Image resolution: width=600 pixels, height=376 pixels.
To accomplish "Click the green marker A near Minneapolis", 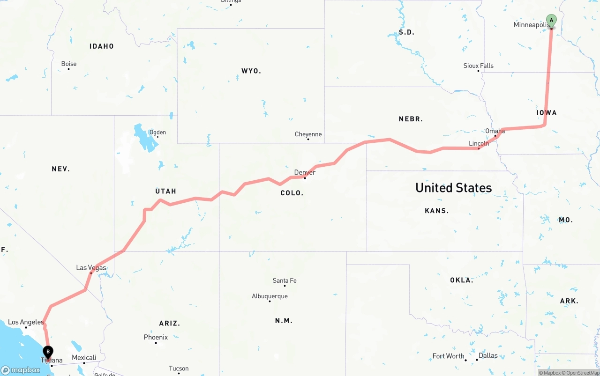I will click(552, 21).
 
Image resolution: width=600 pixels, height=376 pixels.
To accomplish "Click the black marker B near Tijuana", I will click(48, 352).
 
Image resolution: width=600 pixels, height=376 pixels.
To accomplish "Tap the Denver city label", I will click(305, 172).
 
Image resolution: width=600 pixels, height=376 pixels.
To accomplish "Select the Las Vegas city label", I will click(91, 268).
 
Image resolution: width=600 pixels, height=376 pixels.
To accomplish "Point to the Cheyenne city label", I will click(308, 134).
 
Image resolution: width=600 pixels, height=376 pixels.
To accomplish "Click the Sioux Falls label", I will click(478, 66).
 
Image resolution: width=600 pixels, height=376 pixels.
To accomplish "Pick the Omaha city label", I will click(495, 131).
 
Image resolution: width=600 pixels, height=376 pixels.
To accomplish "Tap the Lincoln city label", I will click(479, 143).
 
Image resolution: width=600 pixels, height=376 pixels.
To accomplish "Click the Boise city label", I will click(69, 64).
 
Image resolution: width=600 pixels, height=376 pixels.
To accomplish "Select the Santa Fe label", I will click(285, 281).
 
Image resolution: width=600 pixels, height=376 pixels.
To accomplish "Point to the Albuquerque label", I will click(270, 296).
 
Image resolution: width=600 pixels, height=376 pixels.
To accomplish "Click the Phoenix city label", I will click(156, 338).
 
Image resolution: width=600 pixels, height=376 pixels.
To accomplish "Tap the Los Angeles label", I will click(26, 322).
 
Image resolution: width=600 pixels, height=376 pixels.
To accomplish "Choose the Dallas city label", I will click(488, 356).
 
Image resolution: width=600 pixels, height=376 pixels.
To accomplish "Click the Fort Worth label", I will click(448, 356).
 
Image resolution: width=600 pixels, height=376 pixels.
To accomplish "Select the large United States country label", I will click(453, 188).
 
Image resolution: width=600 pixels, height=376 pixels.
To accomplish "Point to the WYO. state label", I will click(251, 71).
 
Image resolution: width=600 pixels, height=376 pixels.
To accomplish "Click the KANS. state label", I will click(436, 211).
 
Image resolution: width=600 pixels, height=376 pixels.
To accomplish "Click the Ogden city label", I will click(157, 133).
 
